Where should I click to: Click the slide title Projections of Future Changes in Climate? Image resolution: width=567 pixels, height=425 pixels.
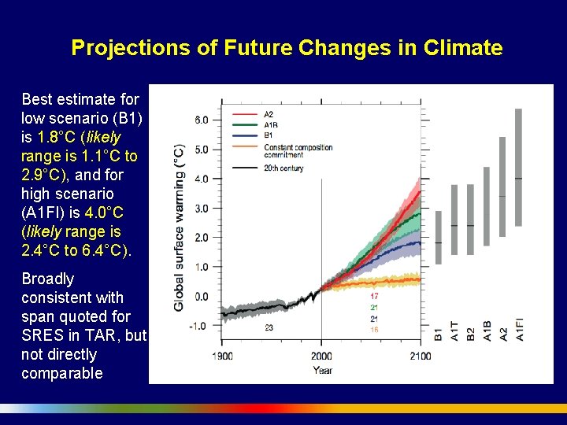[x=287, y=48]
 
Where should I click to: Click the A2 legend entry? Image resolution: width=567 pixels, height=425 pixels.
[x=269, y=115]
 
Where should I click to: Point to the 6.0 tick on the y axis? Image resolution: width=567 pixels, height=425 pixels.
[x=201, y=120]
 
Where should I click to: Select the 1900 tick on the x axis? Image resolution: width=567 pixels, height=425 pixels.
[x=222, y=357]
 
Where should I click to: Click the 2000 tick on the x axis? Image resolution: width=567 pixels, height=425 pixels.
[x=321, y=357]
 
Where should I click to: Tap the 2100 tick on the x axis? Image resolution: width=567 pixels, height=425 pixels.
[x=421, y=357]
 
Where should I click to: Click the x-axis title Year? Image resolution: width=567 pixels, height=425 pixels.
[x=322, y=369]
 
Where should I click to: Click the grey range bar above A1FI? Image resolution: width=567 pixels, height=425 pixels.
[x=518, y=167]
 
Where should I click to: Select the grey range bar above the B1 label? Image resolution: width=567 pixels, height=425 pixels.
[x=439, y=237]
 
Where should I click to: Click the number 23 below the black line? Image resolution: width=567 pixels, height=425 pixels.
[x=269, y=327]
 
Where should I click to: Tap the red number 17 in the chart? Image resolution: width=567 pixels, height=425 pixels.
[x=374, y=296]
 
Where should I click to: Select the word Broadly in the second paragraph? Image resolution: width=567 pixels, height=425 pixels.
[x=47, y=279]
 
